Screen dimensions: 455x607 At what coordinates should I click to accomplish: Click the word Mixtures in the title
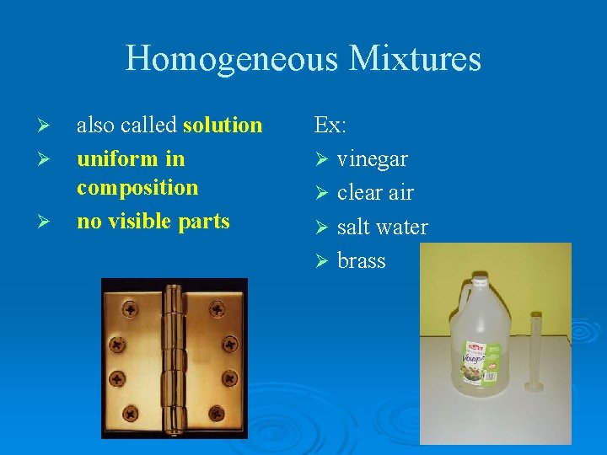414,59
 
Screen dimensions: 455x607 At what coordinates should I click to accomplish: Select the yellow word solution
223,126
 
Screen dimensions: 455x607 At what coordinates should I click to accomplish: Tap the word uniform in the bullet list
112,159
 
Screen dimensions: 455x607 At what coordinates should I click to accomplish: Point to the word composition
137,188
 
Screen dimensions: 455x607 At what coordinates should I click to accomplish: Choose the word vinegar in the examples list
373,159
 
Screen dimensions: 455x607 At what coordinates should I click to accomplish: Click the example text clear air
375,193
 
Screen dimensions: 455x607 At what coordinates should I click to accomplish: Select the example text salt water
382,227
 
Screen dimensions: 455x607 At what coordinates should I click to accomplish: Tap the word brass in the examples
362,261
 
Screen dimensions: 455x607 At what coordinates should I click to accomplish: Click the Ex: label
330,126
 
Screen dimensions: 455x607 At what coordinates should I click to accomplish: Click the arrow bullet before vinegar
320,159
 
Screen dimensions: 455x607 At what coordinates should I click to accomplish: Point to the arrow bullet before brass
320,261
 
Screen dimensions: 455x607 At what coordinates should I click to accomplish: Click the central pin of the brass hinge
175,358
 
